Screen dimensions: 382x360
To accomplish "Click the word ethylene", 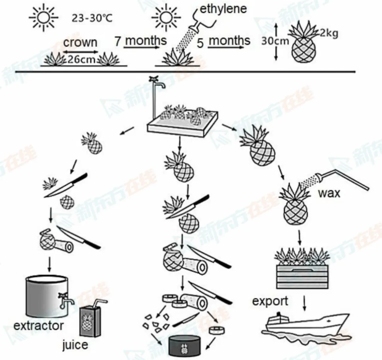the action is tap(223, 9).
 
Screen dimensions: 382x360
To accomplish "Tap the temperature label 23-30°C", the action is tap(92, 18).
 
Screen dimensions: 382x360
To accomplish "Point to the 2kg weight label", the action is tap(329, 33).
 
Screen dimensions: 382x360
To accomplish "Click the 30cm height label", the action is tap(275, 41).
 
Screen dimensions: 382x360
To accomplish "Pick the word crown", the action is tap(80, 42).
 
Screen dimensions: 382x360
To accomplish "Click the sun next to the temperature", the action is tap(44, 18).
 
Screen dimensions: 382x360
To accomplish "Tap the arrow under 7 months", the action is tap(141, 47).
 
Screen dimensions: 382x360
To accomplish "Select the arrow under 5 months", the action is tap(226, 47).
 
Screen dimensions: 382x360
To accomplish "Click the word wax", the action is tap(329, 193).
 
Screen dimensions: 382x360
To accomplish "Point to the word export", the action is tap(270, 302).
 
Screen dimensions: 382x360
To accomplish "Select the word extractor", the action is tap(39, 326).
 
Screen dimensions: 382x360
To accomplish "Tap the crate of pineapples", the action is tap(302, 269).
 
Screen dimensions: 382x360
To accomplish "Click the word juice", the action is tap(75, 345).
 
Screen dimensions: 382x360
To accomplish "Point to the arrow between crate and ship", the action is tap(304, 303).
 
